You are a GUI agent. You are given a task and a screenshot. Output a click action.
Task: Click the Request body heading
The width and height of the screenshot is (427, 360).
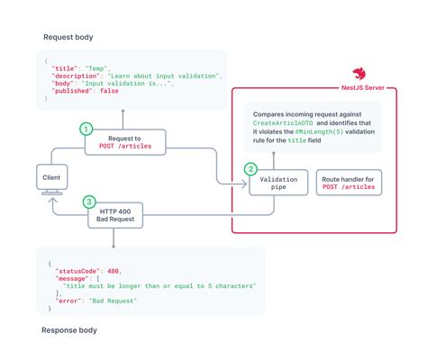[69, 37]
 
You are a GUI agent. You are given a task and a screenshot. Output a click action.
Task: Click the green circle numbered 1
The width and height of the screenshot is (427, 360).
[87, 129]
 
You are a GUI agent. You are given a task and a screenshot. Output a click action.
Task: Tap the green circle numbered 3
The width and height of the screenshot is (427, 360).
[87, 202]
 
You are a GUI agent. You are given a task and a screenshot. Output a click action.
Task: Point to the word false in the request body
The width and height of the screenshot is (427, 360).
[112, 92]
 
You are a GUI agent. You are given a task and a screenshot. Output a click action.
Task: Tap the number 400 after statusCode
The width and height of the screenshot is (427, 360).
[112, 269]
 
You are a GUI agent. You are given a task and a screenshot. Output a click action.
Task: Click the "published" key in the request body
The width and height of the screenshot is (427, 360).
[75, 92]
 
